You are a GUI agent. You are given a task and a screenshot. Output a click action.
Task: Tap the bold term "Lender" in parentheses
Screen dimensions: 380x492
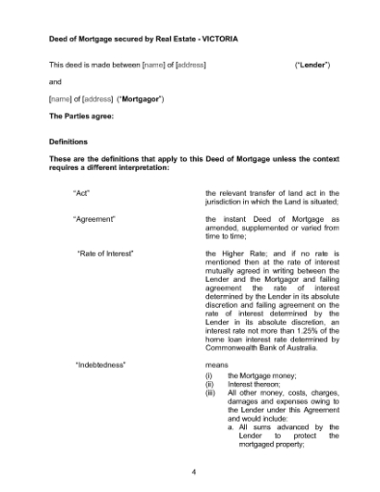click(x=312, y=65)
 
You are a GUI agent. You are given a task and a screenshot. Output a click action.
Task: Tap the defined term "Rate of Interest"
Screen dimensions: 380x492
click(x=104, y=254)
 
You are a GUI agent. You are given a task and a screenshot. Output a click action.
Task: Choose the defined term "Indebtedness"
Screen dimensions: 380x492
click(x=101, y=367)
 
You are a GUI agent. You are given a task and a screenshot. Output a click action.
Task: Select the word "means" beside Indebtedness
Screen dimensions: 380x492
click(x=217, y=367)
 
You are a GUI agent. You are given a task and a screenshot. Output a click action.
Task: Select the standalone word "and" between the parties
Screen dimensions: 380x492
click(x=55, y=82)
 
